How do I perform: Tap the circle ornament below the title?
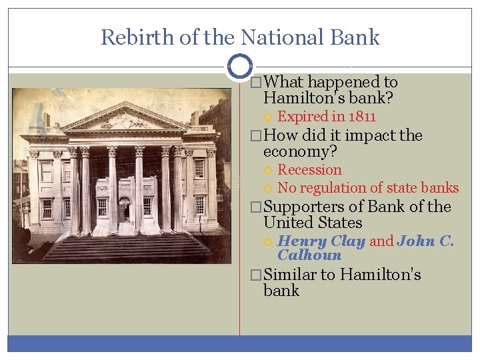(239, 67)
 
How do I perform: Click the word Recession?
(309, 170)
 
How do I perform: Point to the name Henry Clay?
(321, 241)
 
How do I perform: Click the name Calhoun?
(309, 255)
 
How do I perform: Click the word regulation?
(333, 188)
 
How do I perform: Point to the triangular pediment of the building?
(125, 119)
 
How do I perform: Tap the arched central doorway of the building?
(124, 208)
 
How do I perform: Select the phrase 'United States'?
(313, 223)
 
